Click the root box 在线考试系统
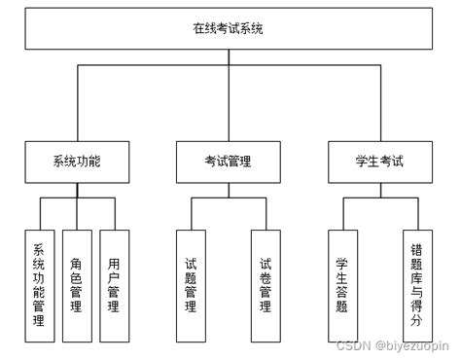(x=230, y=28)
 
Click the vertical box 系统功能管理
(x=39, y=284)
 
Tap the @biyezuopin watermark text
(x=408, y=345)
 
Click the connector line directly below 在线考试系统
(x=230, y=56)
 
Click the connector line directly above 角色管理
(x=77, y=214)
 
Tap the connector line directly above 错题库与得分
(x=417, y=214)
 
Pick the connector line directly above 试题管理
(x=191, y=214)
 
